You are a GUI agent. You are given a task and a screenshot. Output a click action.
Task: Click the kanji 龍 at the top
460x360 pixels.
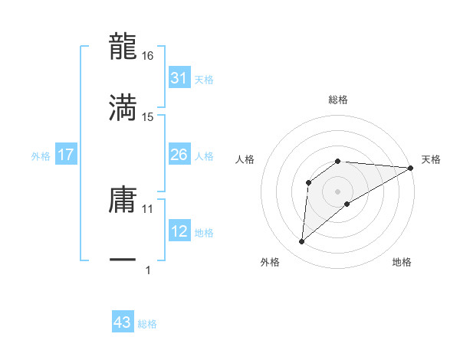123,47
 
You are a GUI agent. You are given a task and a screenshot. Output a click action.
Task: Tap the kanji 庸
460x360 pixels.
123,199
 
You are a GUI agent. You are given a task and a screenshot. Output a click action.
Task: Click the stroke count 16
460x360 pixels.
148,56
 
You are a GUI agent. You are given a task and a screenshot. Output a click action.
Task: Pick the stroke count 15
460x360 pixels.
148,116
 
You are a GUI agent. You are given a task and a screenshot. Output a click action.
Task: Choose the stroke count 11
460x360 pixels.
148,208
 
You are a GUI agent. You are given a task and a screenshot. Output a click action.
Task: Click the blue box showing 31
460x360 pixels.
179,78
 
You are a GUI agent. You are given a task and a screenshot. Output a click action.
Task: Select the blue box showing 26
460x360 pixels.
179,155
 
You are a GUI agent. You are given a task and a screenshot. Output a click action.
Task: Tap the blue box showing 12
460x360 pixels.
179,231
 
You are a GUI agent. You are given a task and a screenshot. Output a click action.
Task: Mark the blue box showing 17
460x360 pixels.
66,155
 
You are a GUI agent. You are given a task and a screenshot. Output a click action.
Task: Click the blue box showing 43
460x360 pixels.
123,322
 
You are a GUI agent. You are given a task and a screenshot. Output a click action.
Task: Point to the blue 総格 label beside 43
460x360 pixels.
147,324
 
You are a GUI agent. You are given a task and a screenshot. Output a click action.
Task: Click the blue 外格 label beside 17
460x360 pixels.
41,155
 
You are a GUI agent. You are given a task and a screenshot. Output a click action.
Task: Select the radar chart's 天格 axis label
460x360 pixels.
431,159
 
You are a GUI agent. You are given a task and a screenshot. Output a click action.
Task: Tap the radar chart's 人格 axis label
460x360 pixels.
245,159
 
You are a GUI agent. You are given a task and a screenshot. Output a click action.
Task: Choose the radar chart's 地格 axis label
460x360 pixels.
402,262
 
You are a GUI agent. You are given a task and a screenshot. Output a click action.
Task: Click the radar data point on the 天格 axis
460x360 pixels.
410,168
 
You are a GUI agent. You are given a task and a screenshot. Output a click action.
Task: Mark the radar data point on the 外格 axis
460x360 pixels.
301,242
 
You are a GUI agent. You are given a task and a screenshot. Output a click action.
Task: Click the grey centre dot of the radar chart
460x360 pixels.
337,191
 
